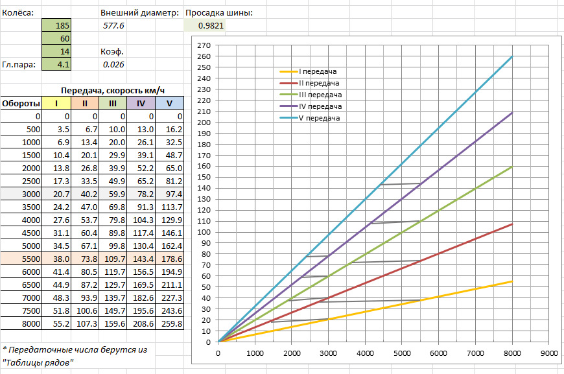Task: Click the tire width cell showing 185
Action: (56, 25)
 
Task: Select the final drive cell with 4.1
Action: (56, 64)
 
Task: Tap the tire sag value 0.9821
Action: (205, 25)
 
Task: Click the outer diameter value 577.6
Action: (113, 25)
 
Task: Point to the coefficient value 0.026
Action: (113, 64)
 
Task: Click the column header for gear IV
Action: (141, 103)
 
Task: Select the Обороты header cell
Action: (21, 103)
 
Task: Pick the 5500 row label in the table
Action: (31, 259)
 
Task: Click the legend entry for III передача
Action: (311, 95)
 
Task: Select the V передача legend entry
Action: (310, 118)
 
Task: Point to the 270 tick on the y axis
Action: (204, 45)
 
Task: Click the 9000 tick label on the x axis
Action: (549, 353)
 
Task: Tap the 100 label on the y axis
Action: (204, 232)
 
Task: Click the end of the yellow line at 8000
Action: (512, 281)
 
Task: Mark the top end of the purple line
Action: (512, 113)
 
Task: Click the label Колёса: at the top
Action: (18, 13)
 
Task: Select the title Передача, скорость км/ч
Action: (113, 90)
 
